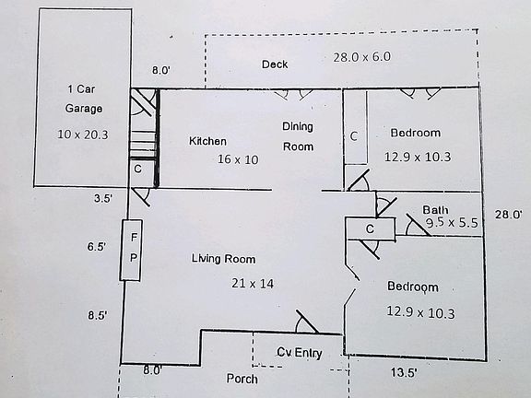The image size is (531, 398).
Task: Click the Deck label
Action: coord(275,64)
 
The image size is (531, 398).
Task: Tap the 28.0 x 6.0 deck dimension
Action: coord(361,57)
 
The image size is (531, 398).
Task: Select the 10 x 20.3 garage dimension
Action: coord(83,135)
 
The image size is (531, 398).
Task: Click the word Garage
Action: coord(84,109)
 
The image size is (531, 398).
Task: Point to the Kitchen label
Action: coord(207,141)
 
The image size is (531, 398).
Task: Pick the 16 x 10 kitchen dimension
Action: coord(238,159)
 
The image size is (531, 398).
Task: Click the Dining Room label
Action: coord(298,136)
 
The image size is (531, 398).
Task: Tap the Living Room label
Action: coord(223,259)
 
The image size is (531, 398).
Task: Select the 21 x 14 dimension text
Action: coord(253,283)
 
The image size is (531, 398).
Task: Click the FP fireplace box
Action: coord(131,250)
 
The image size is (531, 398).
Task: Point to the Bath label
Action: coord(435,210)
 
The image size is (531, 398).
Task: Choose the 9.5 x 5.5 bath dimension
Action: coord(452,223)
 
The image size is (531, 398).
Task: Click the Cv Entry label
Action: coord(300,353)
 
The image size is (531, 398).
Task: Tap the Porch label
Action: coord(242,379)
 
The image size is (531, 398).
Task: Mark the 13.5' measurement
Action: coord(404,372)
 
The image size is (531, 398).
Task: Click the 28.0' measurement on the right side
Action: coord(508,215)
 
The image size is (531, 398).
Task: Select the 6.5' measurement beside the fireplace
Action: coord(97,246)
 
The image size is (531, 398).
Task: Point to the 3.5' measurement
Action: coord(103,198)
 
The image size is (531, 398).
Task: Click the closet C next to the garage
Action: coord(138,169)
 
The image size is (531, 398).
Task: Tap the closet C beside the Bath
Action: coord(370,229)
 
